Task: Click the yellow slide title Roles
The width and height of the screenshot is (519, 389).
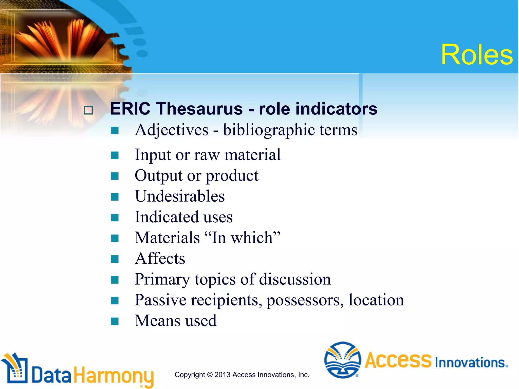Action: click(477, 55)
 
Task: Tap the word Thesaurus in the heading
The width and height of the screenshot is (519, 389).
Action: click(199, 109)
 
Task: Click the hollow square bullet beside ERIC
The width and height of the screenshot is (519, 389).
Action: click(88, 110)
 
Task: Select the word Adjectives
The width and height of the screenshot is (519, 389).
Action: click(172, 130)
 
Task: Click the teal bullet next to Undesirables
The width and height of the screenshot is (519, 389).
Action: click(115, 197)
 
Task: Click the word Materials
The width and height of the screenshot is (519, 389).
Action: click(167, 238)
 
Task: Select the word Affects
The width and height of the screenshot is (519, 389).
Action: click(160, 259)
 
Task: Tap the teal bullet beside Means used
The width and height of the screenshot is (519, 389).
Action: click(115, 321)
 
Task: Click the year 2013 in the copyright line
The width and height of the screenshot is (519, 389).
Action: click(222, 375)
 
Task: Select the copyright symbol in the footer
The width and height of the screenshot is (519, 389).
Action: click(210, 375)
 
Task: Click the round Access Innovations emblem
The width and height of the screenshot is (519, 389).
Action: click(343, 360)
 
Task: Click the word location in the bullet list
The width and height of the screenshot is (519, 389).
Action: click(376, 300)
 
